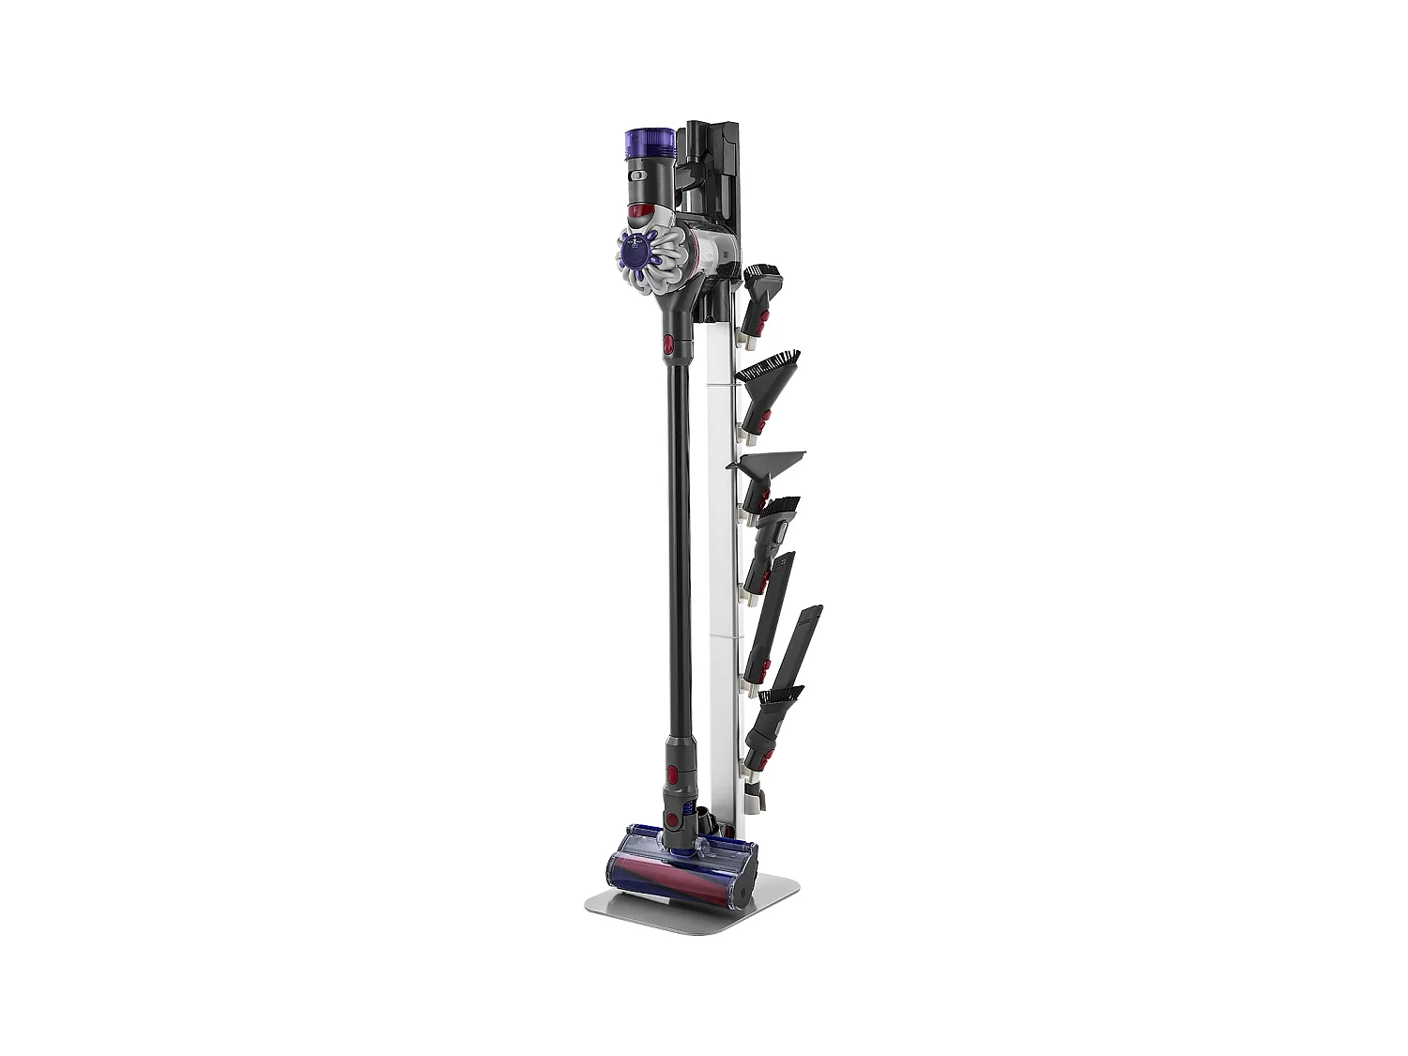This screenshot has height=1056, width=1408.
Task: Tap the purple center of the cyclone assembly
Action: coord(635,252)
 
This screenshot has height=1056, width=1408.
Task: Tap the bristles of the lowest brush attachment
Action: coord(781,696)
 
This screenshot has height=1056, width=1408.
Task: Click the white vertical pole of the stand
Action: coord(723,563)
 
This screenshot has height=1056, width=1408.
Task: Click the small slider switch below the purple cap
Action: coord(639,175)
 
